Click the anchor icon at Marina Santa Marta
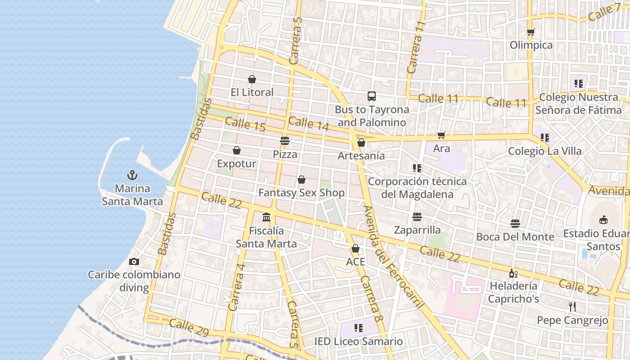[x=132, y=175]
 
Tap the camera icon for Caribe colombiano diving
[x=134, y=261]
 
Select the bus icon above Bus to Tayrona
[x=371, y=96]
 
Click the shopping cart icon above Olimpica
[x=531, y=32]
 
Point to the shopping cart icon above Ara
[x=441, y=135]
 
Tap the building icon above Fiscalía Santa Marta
[x=266, y=217]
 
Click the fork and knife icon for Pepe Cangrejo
[x=572, y=307]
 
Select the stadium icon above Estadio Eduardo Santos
[x=603, y=220]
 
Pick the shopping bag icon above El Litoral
[x=252, y=79]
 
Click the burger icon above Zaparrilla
[x=417, y=217]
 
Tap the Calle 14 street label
[x=309, y=124]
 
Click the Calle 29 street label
[x=189, y=327]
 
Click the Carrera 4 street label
[x=237, y=287]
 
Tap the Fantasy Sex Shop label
[x=301, y=193]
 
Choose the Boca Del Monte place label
[x=515, y=237]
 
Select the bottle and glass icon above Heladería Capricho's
[x=513, y=273]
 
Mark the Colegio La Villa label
[x=544, y=151]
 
